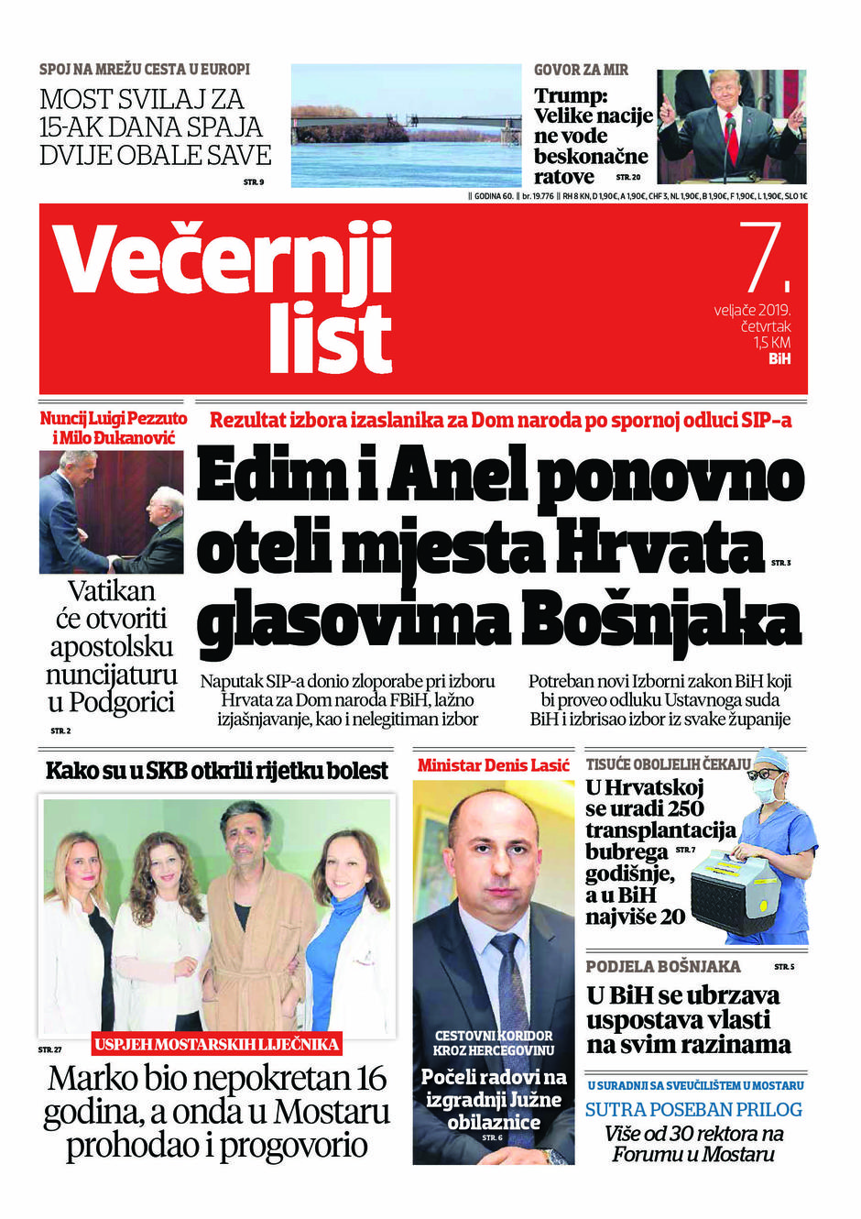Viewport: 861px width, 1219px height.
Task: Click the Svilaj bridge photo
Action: point(406,126)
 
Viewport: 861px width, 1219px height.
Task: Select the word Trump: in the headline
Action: point(571,96)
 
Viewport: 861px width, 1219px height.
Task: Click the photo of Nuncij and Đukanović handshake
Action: point(112,511)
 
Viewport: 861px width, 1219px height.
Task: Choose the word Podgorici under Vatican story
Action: point(122,703)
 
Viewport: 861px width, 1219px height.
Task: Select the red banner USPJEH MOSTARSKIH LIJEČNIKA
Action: point(217,1044)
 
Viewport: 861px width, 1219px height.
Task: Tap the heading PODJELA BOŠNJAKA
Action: point(663,967)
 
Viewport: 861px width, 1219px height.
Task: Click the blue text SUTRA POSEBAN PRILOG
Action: point(693,1109)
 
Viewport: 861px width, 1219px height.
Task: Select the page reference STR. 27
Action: point(50,1049)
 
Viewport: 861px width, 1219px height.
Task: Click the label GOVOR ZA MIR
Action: point(581,70)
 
